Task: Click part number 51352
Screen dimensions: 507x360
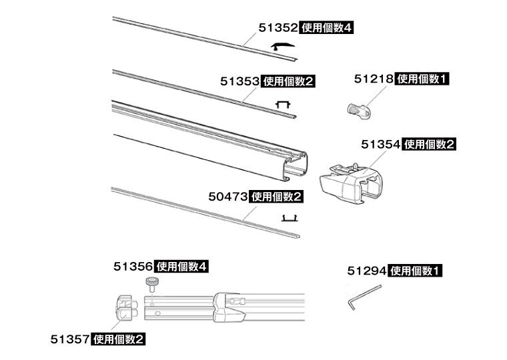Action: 278,28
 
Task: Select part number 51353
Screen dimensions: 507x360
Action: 240,81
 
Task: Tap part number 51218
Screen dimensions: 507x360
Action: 374,79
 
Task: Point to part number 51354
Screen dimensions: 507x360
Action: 380,145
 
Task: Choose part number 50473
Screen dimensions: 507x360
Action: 228,197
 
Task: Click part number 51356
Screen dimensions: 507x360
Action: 133,267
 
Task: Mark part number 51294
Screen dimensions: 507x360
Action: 367,271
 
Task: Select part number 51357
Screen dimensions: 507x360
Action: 70,339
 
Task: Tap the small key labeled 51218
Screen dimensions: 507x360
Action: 359,111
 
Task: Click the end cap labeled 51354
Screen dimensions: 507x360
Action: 352,183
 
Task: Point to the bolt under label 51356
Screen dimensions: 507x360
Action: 151,285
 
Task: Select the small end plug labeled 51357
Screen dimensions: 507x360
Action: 126,308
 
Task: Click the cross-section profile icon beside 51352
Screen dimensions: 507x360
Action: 283,47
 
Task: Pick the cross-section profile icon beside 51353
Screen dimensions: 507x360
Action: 283,105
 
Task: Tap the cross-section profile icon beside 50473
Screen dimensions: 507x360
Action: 290,218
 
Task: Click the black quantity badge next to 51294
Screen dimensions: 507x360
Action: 414,271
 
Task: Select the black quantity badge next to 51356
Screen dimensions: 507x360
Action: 181,267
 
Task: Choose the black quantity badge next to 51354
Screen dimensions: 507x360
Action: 429,145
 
